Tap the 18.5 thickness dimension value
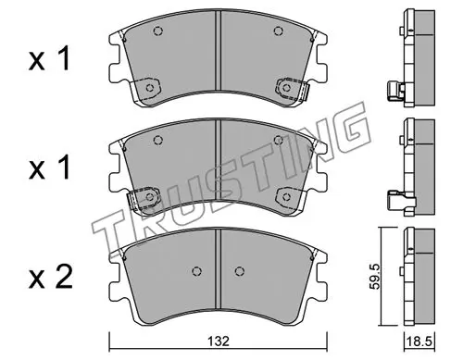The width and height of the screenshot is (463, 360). point(419,341)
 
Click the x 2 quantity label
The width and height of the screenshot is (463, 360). point(51,277)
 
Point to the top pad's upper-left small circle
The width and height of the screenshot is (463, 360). point(157,31)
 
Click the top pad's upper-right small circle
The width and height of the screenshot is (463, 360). point(279,31)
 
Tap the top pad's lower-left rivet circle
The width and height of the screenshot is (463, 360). point(150,88)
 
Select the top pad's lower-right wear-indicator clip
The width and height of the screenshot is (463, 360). point(293,89)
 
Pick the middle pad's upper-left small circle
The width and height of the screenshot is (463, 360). point(157,141)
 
